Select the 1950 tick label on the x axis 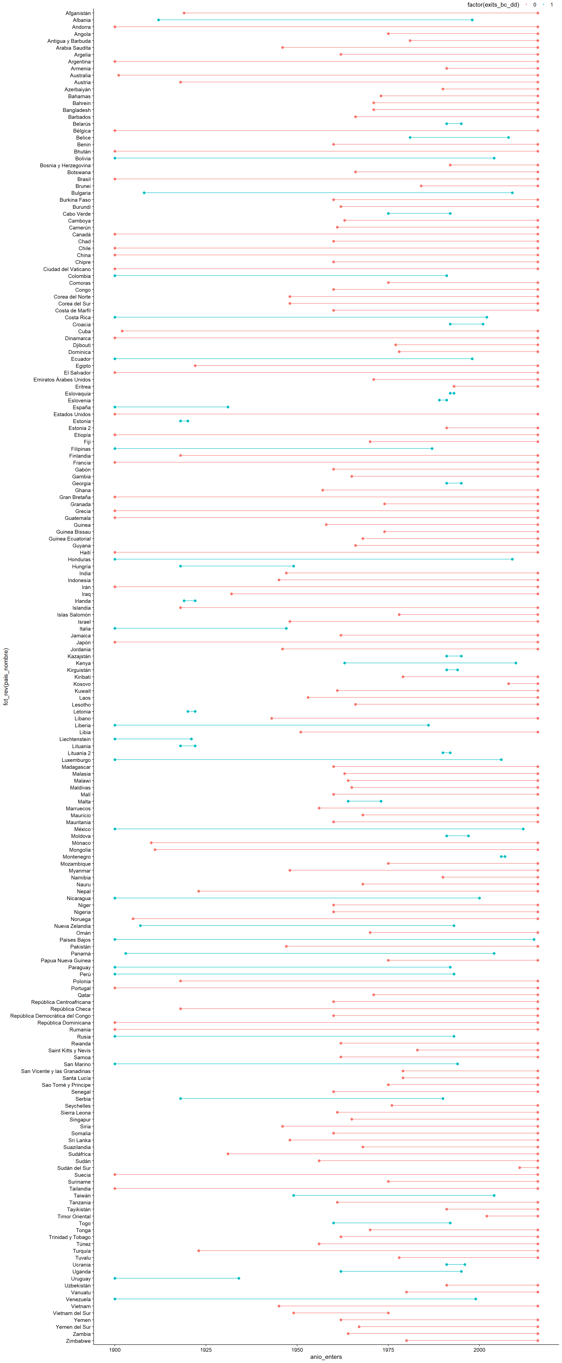click(297, 1349)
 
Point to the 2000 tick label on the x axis click(479, 1349)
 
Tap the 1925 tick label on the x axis click(206, 1349)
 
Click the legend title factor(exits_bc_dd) click(493, 5)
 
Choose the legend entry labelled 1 click(551, 5)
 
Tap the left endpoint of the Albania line click(158, 20)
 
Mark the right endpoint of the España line click(228, 407)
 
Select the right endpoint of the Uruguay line click(239, 1278)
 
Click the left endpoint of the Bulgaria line click(144, 193)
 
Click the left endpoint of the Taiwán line click(294, 1195)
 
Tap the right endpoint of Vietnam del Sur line click(388, 1313)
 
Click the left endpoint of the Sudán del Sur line click(520, 1168)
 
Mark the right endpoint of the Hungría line click(294, 566)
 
